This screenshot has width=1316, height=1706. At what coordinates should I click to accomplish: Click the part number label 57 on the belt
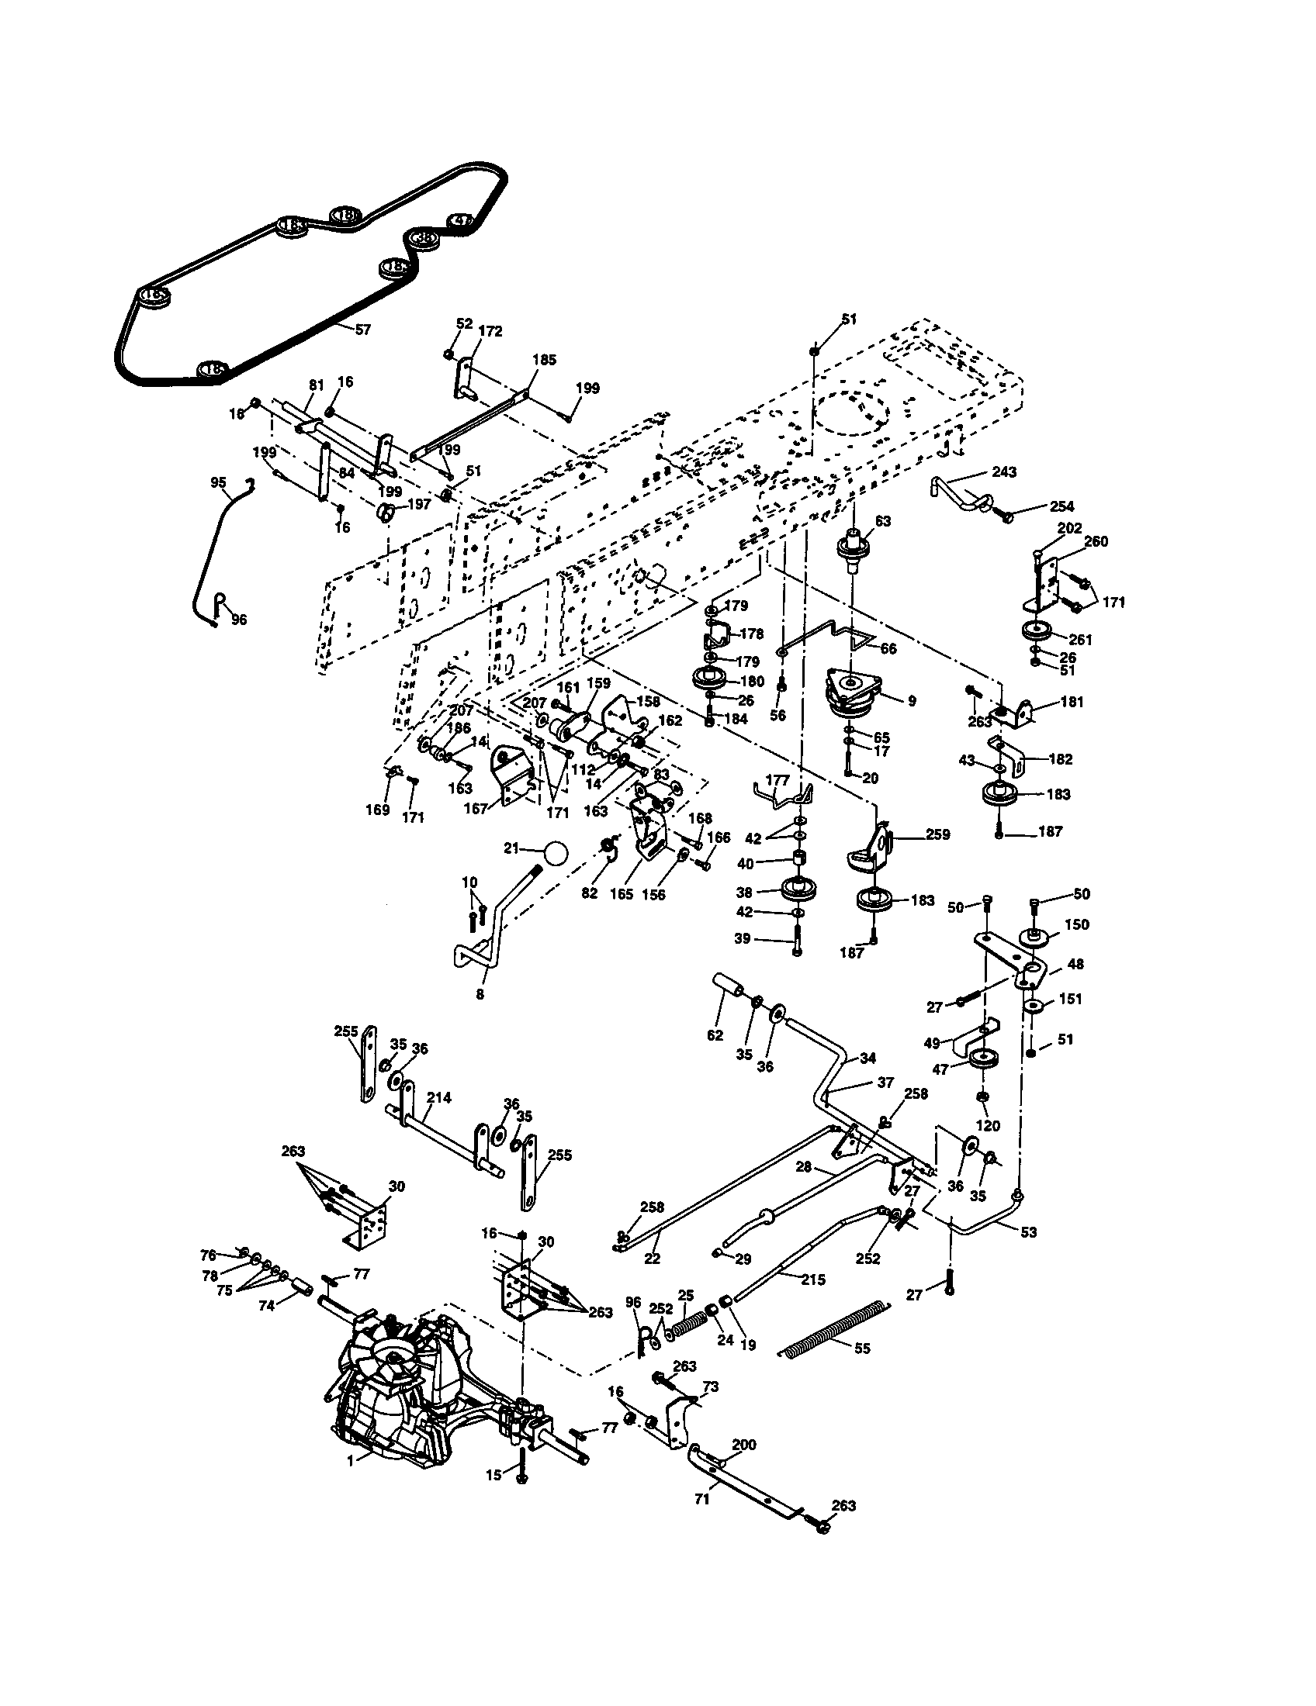(362, 330)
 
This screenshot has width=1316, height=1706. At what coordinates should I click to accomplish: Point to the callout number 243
(1003, 471)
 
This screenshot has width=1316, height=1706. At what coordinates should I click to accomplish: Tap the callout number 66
(888, 648)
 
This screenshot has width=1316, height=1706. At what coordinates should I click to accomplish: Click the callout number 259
(937, 834)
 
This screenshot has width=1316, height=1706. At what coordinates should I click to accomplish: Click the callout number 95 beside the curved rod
(219, 482)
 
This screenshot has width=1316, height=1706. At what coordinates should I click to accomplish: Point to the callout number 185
(544, 360)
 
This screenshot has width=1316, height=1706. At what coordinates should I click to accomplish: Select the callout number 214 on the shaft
(439, 1097)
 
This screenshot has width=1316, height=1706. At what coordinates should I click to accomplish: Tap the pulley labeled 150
(1034, 937)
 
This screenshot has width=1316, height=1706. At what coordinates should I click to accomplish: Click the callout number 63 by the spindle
(883, 521)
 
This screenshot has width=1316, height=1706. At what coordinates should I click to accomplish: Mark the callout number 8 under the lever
(480, 994)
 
